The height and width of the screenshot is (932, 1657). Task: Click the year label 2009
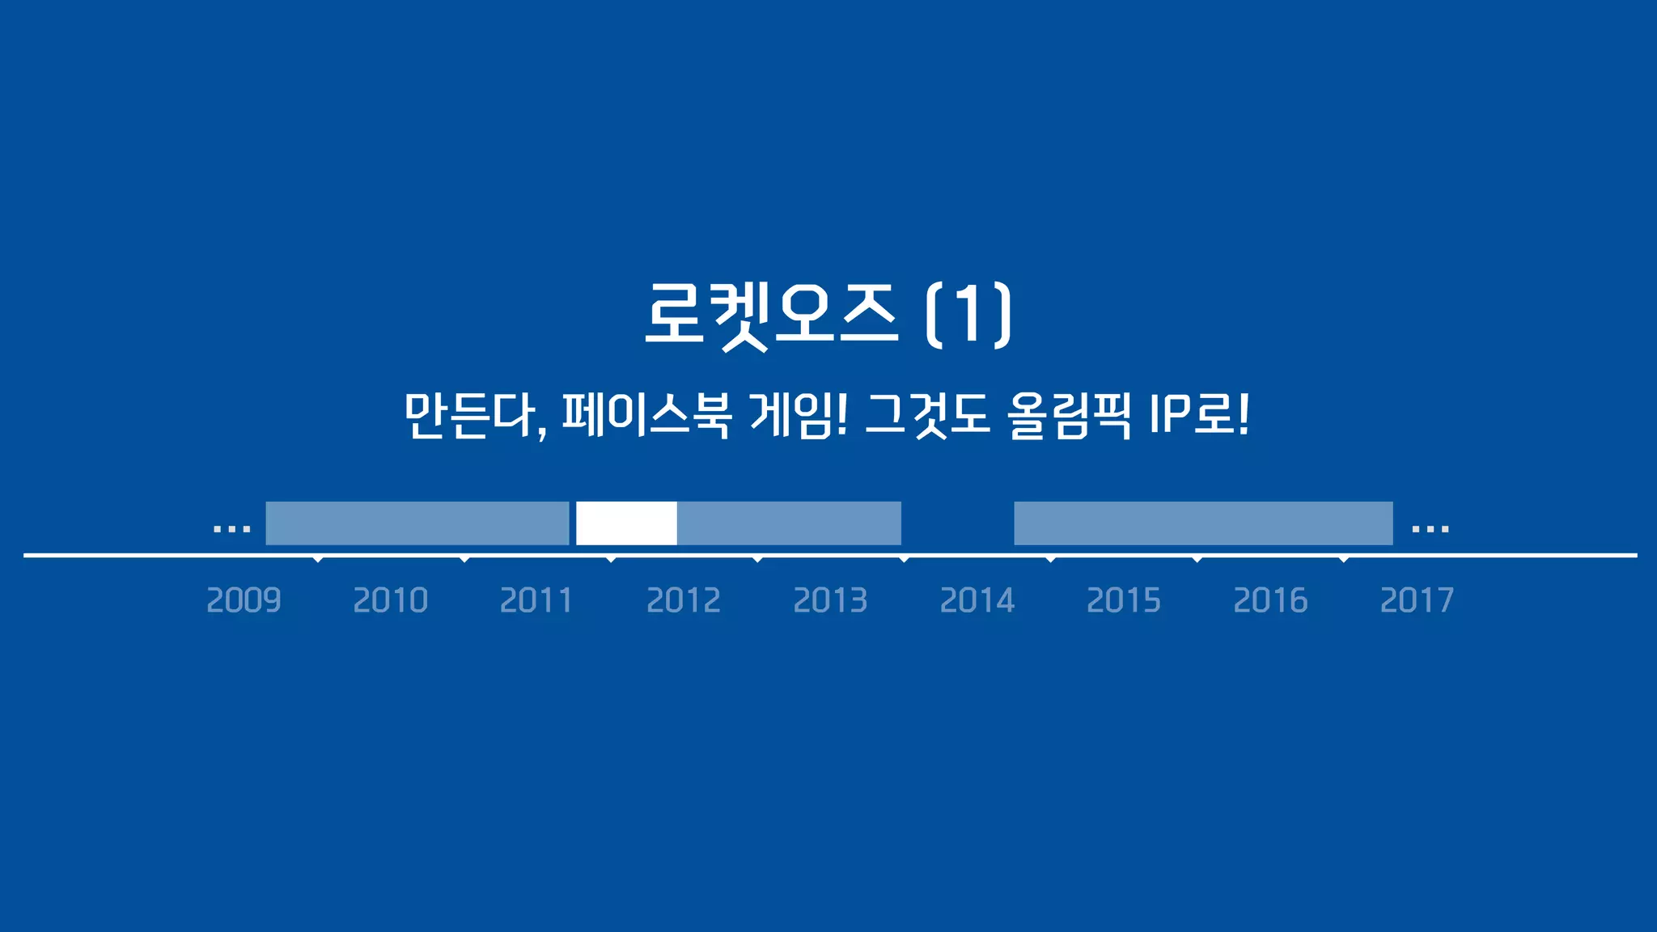244,600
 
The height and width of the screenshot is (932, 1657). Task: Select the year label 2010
390,600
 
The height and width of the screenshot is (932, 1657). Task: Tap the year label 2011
536,600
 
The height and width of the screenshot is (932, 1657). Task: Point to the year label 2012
684,600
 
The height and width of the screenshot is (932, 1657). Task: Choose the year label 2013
830,600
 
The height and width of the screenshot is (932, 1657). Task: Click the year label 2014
977,600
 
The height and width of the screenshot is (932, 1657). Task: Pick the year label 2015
1123,600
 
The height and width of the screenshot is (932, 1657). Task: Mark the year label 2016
1270,600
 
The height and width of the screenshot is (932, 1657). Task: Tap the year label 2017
1417,600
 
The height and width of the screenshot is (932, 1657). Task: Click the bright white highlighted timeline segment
626,523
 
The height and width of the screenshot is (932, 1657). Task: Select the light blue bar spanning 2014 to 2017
1203,523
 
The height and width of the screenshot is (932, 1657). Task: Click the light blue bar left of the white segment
417,523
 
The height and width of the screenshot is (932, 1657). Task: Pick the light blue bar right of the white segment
789,523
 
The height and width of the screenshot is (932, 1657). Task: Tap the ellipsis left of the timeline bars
231,529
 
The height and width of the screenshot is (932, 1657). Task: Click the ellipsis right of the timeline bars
1430,529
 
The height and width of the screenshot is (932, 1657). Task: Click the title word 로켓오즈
770,314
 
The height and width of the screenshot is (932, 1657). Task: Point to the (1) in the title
968,314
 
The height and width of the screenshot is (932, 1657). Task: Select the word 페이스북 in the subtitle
646,416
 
